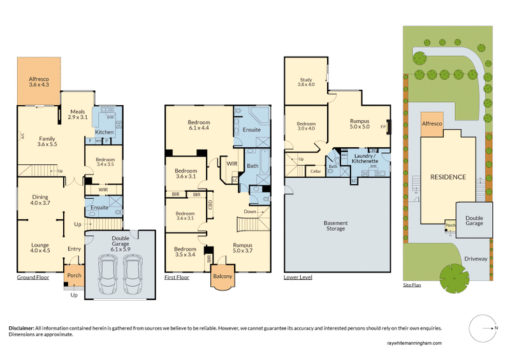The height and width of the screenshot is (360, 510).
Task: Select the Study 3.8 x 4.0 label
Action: click(x=307, y=82)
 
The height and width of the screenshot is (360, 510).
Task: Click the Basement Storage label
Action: click(x=335, y=226)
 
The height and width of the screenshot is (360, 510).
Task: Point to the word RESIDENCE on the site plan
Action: click(x=447, y=176)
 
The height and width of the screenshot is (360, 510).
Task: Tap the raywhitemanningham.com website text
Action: click(x=413, y=343)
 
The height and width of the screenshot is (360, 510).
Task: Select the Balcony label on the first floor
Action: click(x=222, y=277)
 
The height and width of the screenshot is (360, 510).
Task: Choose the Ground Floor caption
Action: click(x=33, y=278)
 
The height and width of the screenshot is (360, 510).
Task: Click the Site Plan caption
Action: click(x=412, y=285)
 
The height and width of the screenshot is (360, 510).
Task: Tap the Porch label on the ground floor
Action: click(x=75, y=276)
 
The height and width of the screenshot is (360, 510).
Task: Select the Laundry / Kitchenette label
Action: click(x=365, y=159)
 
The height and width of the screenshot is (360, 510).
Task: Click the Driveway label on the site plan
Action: click(x=476, y=259)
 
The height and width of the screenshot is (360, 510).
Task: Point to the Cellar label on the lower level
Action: click(x=315, y=171)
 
